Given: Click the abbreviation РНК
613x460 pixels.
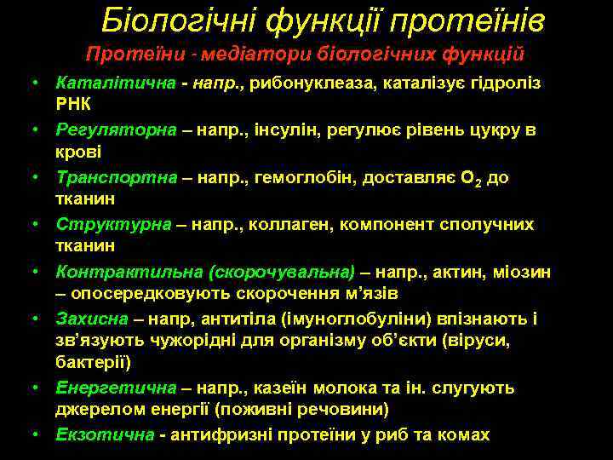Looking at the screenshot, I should pos(73,104).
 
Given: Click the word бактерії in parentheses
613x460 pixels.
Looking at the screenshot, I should pos(92,362).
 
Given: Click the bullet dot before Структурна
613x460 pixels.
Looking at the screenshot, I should pos(37,225).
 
